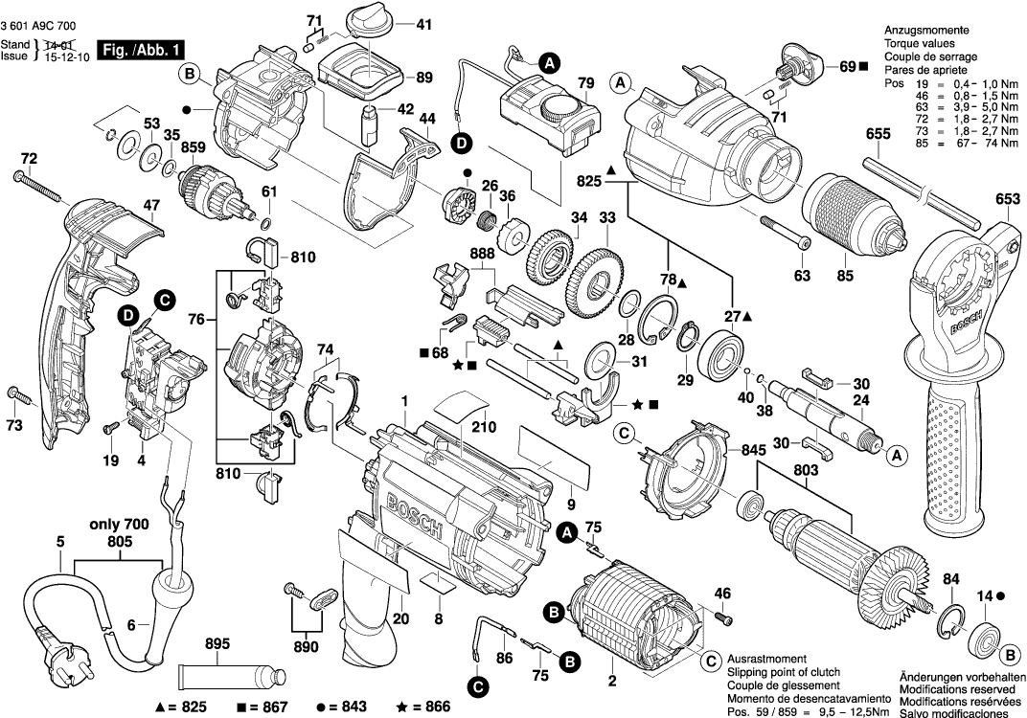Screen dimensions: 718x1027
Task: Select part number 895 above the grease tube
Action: click(x=217, y=643)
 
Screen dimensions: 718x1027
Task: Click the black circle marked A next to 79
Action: click(x=549, y=62)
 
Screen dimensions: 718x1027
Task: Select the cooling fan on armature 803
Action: click(x=895, y=573)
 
